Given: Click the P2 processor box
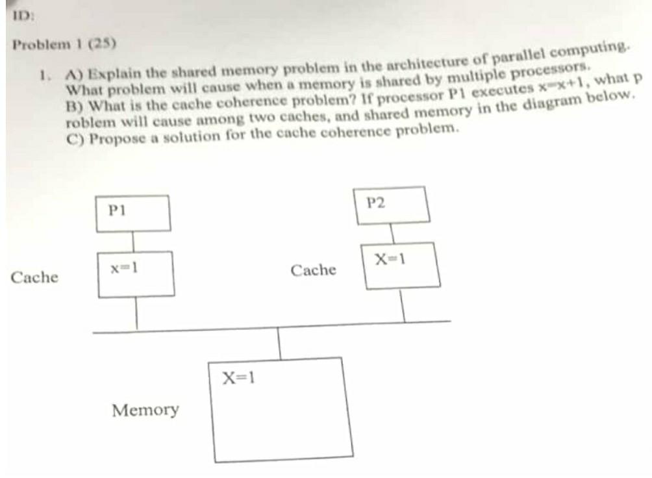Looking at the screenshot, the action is click(390, 205).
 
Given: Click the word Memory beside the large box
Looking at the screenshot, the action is click(145, 410).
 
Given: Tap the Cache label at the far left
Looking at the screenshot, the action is click(34, 278).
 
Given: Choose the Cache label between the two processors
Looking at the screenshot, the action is click(313, 270).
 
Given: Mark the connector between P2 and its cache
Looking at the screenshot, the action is click(392, 233).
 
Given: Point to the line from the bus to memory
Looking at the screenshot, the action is click(280, 343).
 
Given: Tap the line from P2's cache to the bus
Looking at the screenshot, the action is click(403, 305).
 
